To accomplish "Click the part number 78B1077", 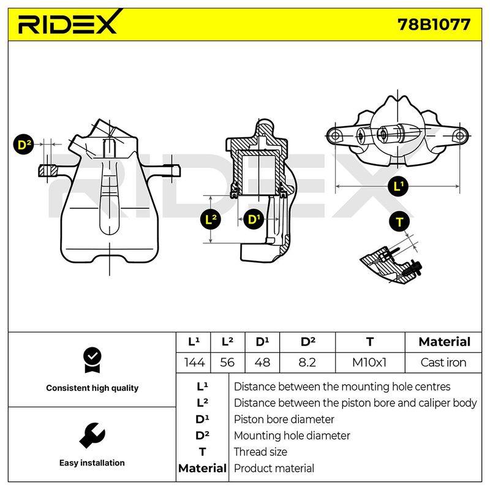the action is point(434,24).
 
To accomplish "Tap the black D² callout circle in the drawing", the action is point(24,145).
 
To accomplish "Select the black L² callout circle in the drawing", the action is point(211,219).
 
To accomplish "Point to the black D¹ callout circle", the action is point(254,219).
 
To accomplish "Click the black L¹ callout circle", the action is point(398,186).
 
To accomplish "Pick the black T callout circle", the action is point(399,222).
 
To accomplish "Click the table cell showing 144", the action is point(194,363).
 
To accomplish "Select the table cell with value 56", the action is point(227,363).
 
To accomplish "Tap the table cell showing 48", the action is point(262,363).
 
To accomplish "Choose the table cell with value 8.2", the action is point(307,363).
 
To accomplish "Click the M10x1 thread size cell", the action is point(370,363).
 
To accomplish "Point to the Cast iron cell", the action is point(443,363).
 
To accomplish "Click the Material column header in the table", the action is point(444,342).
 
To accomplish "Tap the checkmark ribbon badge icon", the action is point(92,360).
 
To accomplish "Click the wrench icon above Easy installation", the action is point(92,435).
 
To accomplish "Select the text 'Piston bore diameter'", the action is point(284,420).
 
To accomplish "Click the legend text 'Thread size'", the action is point(260,452).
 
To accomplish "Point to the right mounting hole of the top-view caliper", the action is point(459,136).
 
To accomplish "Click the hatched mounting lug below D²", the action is point(48,171).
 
